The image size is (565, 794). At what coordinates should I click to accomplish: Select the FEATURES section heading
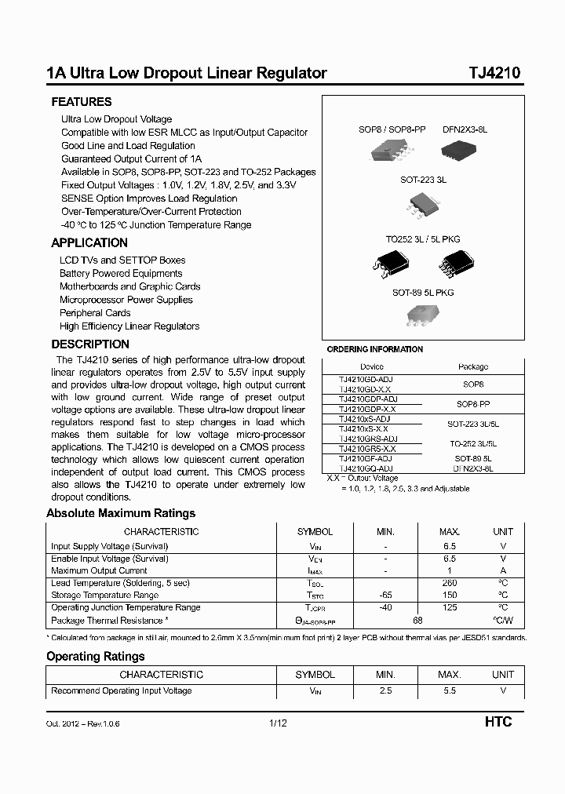[x=82, y=102]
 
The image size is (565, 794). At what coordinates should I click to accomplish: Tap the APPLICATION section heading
[x=89, y=243]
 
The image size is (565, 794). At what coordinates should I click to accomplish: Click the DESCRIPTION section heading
[x=90, y=344]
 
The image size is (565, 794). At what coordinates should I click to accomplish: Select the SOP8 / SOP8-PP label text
[x=392, y=129]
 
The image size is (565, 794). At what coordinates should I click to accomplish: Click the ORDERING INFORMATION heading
[x=374, y=350]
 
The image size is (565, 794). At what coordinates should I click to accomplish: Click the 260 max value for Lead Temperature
[x=449, y=583]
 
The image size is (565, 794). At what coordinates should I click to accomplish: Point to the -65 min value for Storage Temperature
[x=385, y=595]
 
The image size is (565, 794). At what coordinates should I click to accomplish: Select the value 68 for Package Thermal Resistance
[x=417, y=621]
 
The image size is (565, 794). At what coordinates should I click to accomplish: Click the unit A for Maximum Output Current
[x=502, y=571]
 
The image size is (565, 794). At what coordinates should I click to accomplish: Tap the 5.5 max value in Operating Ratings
[x=449, y=691]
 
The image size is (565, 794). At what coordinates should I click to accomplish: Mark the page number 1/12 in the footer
[x=278, y=723]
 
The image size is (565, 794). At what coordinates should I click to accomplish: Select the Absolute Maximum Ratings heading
[x=121, y=514]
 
